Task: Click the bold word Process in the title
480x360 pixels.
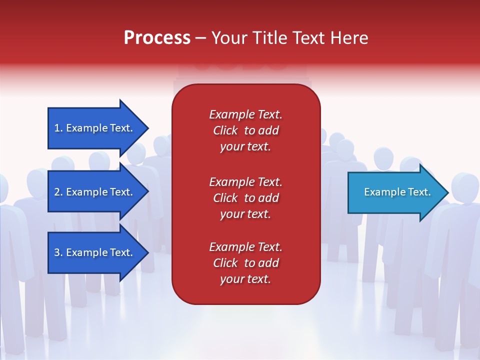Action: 157,38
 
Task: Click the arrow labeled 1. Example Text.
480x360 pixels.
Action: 95,128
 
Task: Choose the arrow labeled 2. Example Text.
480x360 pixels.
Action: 95,192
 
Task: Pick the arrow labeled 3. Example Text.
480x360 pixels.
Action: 95,252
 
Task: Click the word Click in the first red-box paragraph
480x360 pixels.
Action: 225,130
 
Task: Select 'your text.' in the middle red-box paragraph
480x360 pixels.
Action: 245,214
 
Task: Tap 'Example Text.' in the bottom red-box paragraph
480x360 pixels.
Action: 245,247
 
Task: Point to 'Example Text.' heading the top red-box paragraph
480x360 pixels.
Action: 245,114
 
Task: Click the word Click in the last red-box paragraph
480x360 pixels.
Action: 225,263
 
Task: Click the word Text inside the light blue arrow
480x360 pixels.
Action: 419,192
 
